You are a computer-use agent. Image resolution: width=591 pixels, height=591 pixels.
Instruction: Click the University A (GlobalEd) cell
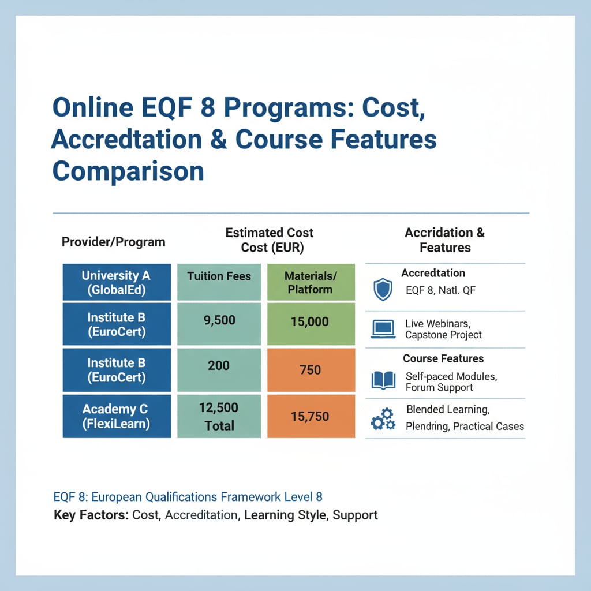[116, 282]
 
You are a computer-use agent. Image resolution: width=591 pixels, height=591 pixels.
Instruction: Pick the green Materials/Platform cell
[311, 282]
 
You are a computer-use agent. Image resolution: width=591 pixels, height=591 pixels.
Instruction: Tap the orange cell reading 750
[311, 369]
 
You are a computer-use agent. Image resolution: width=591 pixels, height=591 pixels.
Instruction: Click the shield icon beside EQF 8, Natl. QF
[383, 289]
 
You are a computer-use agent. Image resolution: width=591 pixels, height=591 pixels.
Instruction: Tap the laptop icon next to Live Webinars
[382, 329]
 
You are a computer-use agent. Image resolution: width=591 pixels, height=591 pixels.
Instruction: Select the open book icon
[383, 380]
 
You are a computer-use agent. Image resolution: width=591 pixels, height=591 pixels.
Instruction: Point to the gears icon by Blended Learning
[383, 419]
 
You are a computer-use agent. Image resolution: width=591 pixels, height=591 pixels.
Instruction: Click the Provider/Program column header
[114, 242]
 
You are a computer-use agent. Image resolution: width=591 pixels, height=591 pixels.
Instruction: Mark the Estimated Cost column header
[269, 240]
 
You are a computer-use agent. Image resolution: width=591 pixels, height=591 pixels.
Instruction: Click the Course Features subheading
[443, 358]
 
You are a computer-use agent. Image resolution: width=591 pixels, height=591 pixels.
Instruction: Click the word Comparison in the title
[128, 172]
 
